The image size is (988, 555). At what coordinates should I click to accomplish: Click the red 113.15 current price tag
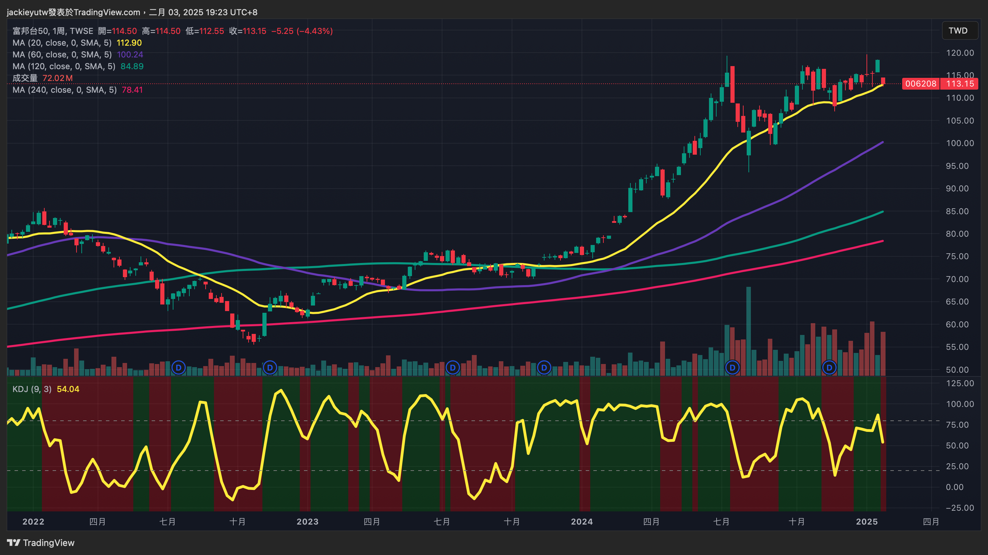click(960, 83)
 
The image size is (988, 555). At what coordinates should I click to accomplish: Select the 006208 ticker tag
click(920, 83)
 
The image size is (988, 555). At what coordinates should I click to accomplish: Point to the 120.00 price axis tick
click(960, 53)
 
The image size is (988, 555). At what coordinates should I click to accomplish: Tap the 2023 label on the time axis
click(307, 522)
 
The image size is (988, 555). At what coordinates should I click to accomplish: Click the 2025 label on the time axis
click(866, 522)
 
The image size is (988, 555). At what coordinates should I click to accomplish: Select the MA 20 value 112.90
click(129, 43)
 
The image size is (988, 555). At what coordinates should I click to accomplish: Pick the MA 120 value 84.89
click(132, 66)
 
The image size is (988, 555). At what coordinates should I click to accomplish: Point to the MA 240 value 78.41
click(132, 90)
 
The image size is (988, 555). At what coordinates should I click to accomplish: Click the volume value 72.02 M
click(57, 78)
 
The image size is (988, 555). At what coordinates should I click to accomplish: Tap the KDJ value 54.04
click(68, 389)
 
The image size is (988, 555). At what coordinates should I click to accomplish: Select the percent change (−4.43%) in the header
click(314, 31)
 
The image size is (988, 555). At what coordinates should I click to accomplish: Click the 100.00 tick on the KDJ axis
click(960, 404)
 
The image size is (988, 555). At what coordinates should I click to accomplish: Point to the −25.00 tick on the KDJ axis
click(960, 508)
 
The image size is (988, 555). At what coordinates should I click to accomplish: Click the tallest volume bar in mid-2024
click(748, 330)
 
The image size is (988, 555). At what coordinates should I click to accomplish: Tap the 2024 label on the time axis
click(582, 522)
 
